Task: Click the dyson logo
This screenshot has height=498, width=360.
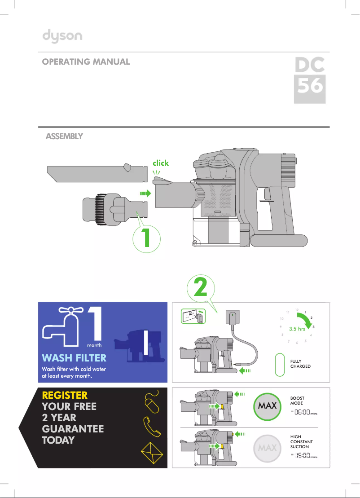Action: [62, 36]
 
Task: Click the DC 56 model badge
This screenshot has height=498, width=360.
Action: [310, 80]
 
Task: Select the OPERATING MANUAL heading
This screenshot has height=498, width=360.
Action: [86, 62]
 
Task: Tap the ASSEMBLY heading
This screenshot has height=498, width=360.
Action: [64, 136]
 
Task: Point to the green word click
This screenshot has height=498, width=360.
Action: [161, 163]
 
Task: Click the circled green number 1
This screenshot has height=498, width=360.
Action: [146, 238]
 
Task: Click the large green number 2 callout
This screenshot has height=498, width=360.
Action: [201, 288]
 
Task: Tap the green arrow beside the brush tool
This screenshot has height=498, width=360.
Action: [146, 193]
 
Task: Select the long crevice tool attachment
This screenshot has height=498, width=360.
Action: [97, 173]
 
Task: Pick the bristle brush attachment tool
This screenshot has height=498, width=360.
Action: [115, 209]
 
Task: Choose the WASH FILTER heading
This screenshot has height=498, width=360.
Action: [74, 358]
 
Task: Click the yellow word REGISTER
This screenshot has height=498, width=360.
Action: [65, 395]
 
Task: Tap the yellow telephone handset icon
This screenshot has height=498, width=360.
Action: [152, 427]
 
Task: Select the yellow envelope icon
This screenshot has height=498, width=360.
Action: [152, 453]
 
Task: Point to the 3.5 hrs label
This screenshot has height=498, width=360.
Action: [297, 329]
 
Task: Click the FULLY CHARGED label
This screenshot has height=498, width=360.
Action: [300, 364]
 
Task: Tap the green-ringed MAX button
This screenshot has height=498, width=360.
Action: [267, 406]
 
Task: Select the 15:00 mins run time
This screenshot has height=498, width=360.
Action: [304, 456]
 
